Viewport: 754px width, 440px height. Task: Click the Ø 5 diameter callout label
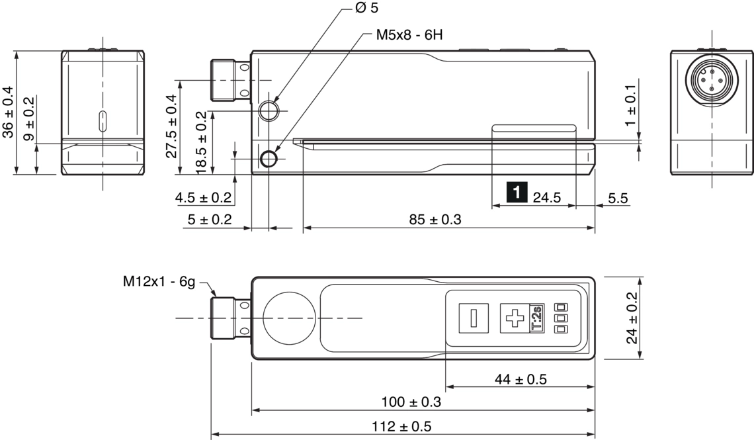click(367, 8)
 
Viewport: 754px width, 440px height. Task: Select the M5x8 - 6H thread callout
click(409, 35)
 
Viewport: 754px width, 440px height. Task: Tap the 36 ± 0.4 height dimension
click(8, 112)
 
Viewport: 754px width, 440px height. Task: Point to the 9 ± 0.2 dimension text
click(29, 119)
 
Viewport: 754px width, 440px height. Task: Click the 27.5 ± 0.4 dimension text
click(172, 126)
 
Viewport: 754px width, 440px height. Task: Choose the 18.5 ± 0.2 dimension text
click(202, 142)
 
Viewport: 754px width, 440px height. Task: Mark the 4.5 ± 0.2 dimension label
click(203, 198)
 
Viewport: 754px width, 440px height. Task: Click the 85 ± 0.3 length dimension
click(435, 220)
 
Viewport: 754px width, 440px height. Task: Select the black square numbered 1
click(517, 193)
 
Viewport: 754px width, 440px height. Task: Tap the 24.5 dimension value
click(547, 198)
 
